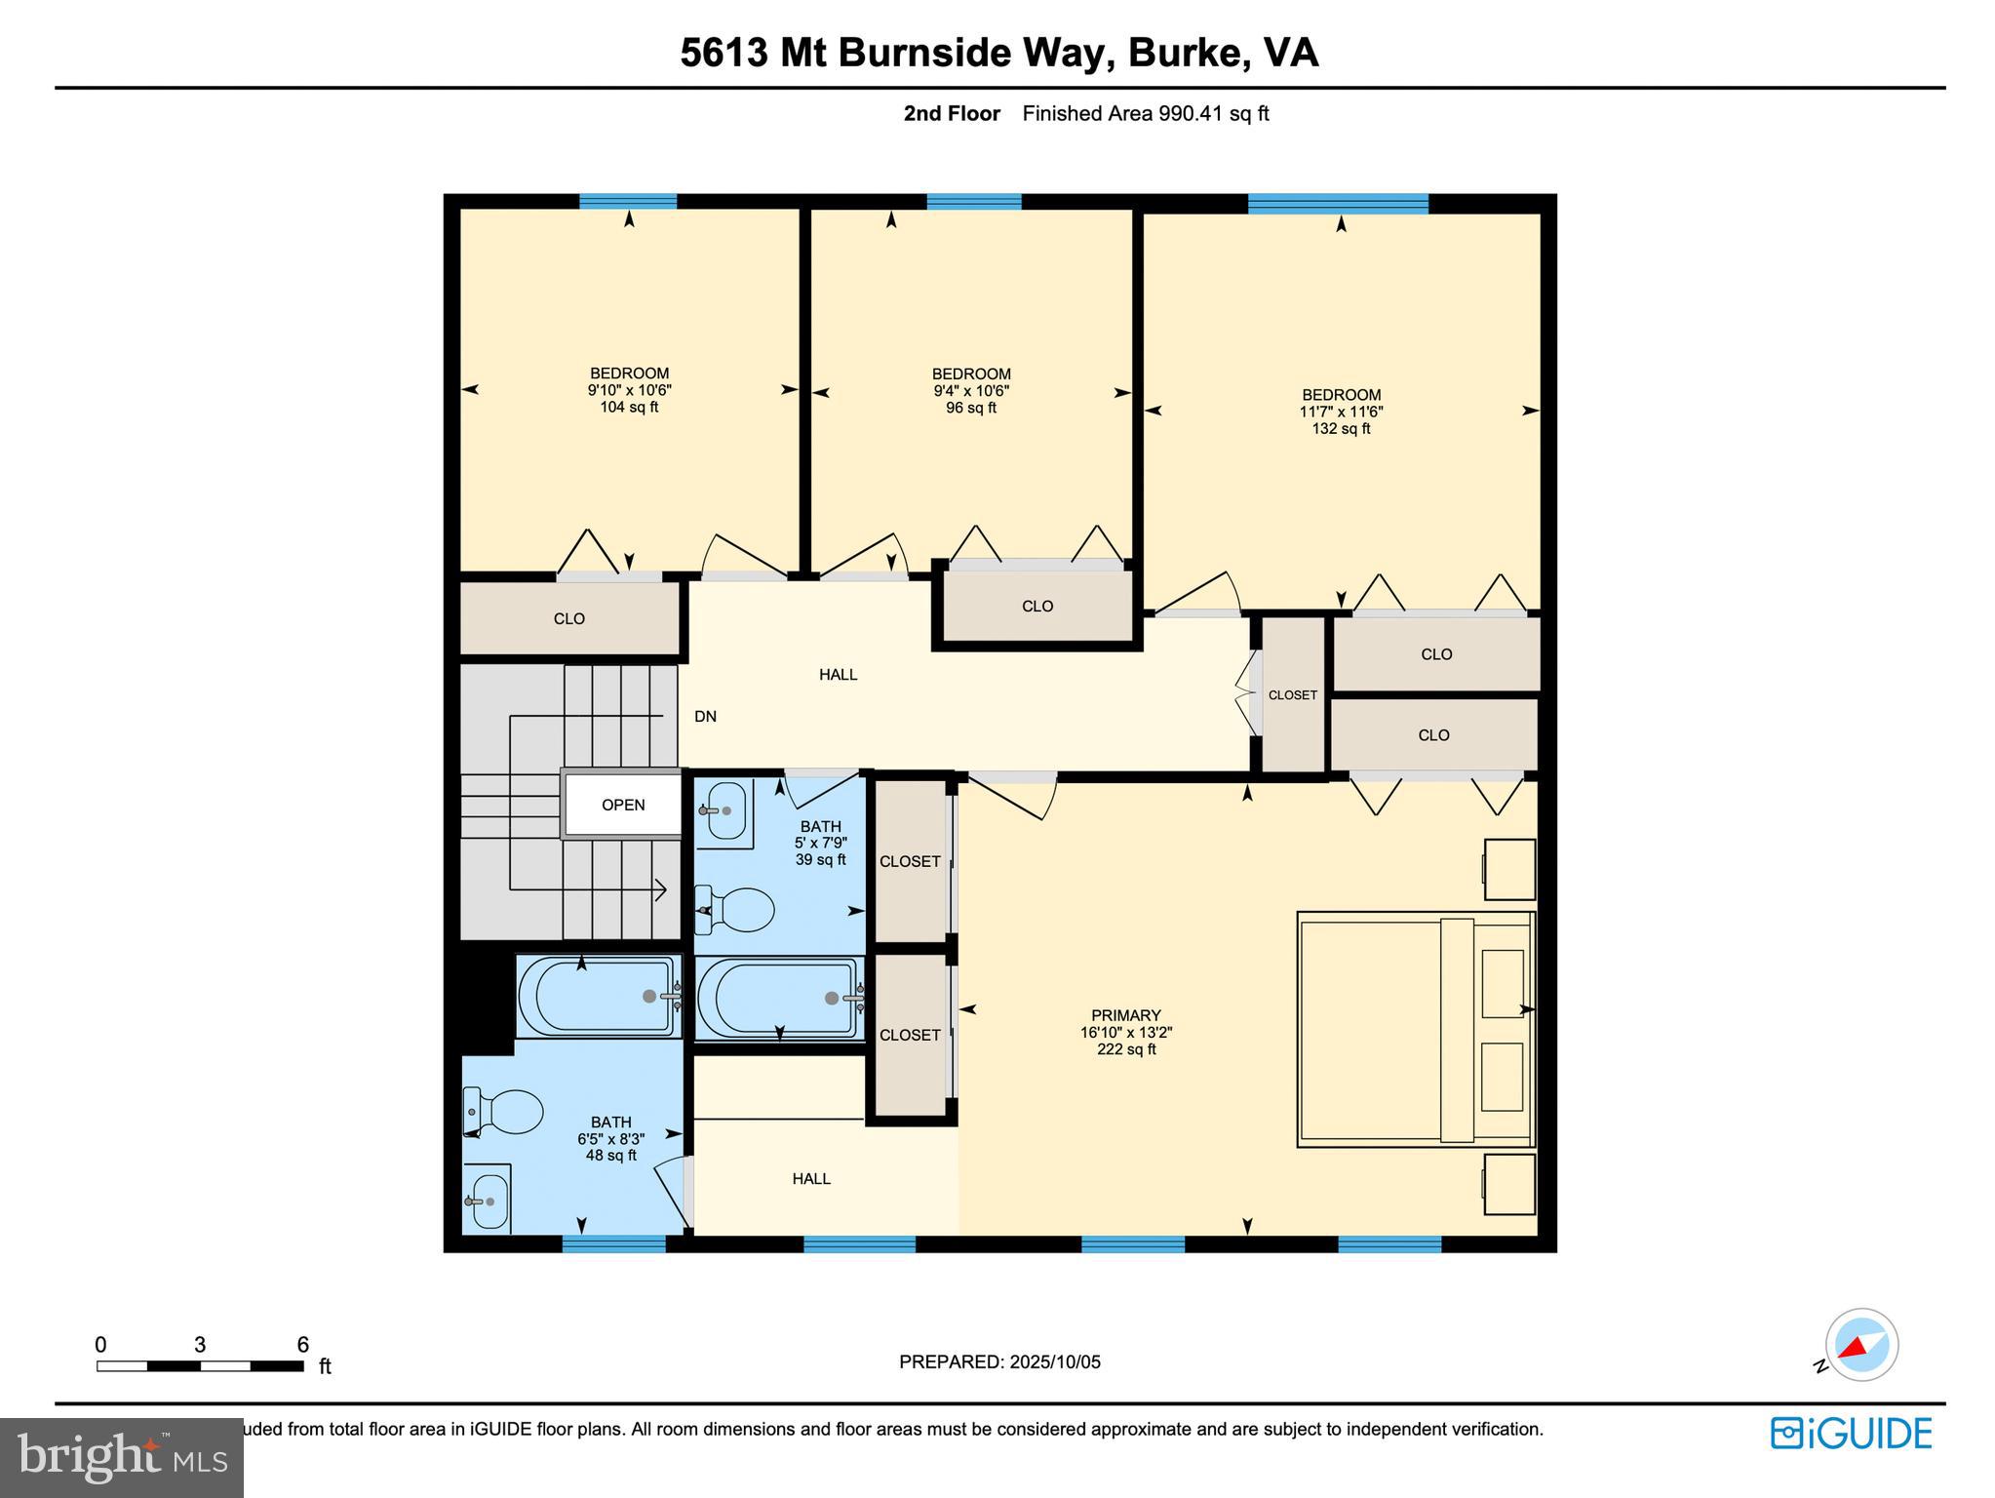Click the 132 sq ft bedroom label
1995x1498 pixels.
(1341, 411)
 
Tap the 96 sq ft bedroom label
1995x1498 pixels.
(970, 390)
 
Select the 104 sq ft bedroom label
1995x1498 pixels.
(629, 389)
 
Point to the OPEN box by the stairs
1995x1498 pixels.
(623, 805)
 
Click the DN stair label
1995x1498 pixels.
(705, 716)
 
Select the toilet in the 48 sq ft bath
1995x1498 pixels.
(506, 1111)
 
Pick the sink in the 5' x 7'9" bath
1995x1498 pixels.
(724, 810)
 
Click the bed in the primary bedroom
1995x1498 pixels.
(1414, 1029)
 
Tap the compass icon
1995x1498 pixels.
(1860, 1345)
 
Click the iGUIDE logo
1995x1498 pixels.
(1851, 1433)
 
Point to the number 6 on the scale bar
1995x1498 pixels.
(303, 1345)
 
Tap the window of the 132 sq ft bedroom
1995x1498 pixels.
(1338, 204)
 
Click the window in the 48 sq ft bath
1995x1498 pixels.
(613, 1243)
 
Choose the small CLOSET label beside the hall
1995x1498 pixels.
(1292, 695)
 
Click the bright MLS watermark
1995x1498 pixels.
(121, 1457)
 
